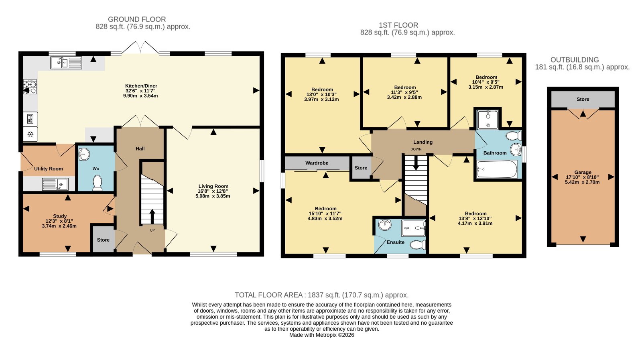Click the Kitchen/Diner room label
(x=141, y=86)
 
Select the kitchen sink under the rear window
(x=66, y=63)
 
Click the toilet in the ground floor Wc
(x=98, y=183)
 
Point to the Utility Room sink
(x=55, y=184)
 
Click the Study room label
(x=60, y=216)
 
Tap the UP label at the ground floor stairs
(x=152, y=230)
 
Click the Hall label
(x=140, y=148)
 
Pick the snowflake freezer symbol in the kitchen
(x=30, y=134)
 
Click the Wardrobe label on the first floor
(x=317, y=163)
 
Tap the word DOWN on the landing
(x=416, y=149)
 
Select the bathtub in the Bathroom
(x=497, y=169)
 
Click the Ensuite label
(x=396, y=242)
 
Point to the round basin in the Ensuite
(x=385, y=225)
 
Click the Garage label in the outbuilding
(x=583, y=172)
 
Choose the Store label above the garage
(x=583, y=99)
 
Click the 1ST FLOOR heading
(x=398, y=25)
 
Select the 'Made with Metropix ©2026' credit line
(x=321, y=335)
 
